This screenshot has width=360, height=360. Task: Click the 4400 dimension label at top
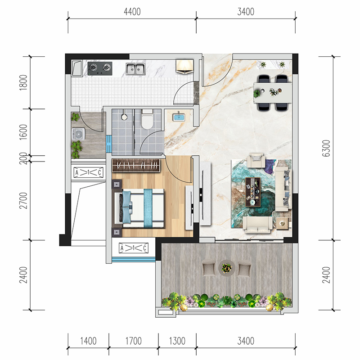pos(132,12)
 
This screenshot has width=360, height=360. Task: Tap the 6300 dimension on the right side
pos(326,148)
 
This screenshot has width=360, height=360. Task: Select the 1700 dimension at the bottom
pos(133,341)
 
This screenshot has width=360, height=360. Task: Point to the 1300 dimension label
pos(177,341)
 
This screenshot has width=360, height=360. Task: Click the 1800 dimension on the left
pos(23,83)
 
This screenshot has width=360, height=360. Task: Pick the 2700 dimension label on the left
pos(23,200)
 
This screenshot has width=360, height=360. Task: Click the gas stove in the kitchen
pos(100,68)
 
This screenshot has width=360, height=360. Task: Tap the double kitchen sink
pos(136,68)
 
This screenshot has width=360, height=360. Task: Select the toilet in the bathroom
pos(147,119)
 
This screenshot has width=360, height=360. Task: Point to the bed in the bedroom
pos(139,208)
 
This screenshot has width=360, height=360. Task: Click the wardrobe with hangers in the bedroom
pos(136,165)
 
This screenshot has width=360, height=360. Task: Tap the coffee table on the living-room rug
pos(253,192)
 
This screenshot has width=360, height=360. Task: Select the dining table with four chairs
pos(273,93)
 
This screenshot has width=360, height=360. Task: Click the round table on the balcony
pos(227,268)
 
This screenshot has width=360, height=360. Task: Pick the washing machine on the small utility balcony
pos(78,134)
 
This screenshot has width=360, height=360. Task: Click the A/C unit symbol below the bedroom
pos(134,248)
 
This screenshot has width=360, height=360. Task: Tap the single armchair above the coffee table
pos(256,160)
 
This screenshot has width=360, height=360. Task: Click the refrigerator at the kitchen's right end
pos(184,66)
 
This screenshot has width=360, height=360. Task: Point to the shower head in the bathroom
pos(124,116)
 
